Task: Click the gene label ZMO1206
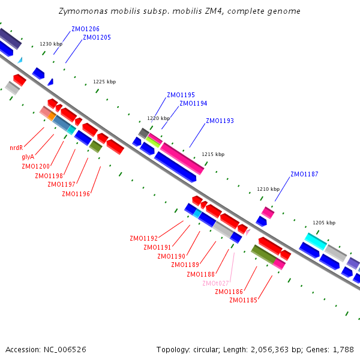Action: click(x=85, y=29)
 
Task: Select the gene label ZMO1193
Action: click(x=220, y=121)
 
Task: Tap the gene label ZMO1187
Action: click(x=304, y=174)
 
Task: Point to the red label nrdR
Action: click(x=16, y=148)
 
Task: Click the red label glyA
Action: click(x=28, y=157)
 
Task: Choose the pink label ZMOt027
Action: click(x=215, y=283)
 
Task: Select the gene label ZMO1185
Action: click(x=243, y=300)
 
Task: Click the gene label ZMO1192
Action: click(x=143, y=238)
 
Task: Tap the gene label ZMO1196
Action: click(x=76, y=194)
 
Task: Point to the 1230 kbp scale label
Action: click(x=51, y=44)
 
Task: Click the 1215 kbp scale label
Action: click(x=213, y=154)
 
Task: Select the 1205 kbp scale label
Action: click(x=324, y=223)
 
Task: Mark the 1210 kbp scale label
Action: click(x=268, y=189)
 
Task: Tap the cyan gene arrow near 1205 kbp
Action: click(x=316, y=241)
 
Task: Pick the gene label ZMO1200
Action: click(x=35, y=166)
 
